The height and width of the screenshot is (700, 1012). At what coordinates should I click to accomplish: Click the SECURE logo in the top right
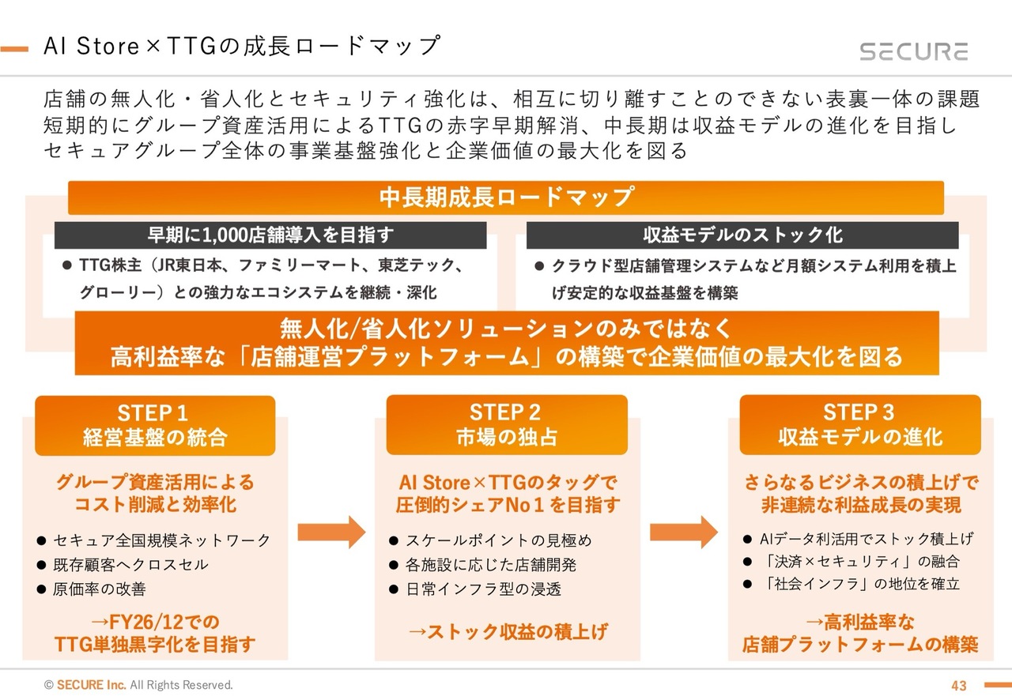coord(913,52)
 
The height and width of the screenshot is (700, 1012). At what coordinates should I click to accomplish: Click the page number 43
coord(959,685)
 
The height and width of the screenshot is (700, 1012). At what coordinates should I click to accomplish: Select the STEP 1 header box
coord(155,425)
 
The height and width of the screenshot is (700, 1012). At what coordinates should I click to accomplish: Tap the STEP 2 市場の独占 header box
coord(506,425)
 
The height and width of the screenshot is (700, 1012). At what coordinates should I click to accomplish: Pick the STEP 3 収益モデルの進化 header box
coord(859,425)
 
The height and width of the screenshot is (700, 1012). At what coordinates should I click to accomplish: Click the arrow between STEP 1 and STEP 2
coord(331,532)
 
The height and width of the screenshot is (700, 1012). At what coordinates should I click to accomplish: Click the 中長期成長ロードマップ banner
coord(506,197)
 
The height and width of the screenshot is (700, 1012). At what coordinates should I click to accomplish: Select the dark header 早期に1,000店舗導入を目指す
coord(270,235)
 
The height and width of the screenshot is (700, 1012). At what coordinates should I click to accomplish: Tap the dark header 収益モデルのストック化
coord(742,235)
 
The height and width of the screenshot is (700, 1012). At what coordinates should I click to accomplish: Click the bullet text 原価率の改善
coord(100,589)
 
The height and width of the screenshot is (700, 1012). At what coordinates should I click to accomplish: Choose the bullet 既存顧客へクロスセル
coord(130,565)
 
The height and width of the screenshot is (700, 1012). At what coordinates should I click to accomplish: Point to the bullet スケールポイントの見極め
coord(498,541)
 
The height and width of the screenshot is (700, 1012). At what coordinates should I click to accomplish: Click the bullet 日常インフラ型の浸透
coord(483,589)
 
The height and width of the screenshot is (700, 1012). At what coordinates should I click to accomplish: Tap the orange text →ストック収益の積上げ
coord(508,631)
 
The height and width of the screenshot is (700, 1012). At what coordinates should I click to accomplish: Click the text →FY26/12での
coord(155,621)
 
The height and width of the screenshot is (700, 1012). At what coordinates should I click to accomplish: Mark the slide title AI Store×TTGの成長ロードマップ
coord(241,46)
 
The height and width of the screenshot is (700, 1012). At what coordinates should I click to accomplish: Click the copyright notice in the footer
coord(138,685)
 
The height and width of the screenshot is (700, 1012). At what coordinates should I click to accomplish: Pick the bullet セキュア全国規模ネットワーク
coord(161,541)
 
